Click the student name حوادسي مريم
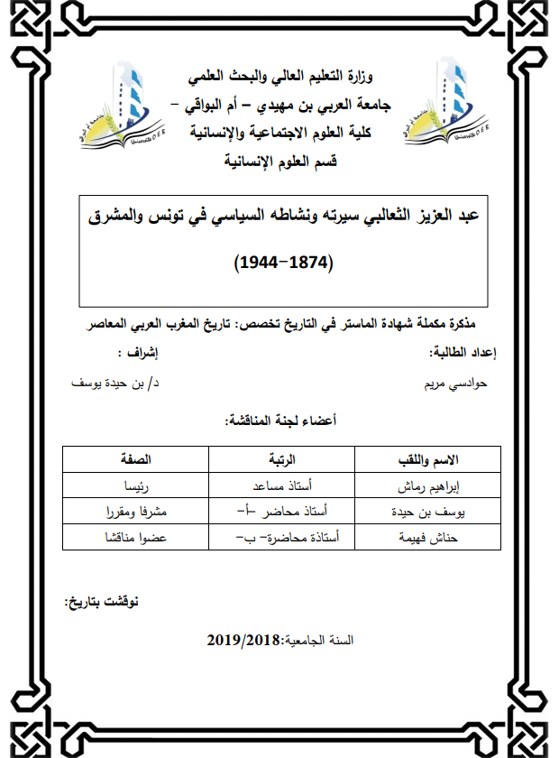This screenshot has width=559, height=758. pyautogui.click(x=456, y=383)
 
